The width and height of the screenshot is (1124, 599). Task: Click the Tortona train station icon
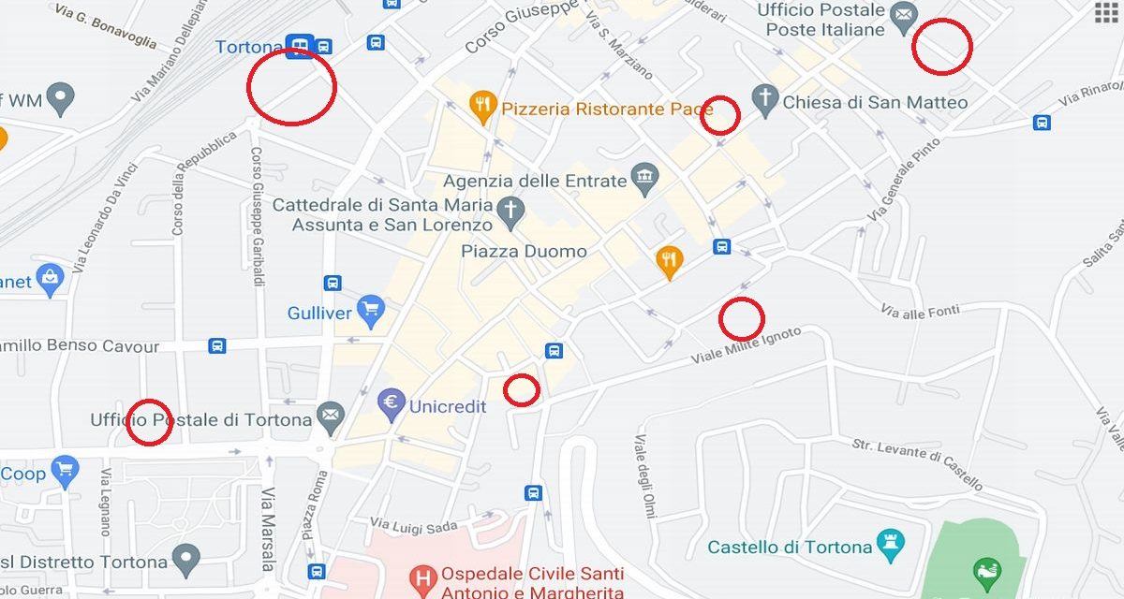tap(300, 46)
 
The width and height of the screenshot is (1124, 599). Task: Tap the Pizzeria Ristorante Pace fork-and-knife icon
tap(483, 109)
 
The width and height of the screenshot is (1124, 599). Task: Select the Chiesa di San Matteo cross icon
tap(766, 101)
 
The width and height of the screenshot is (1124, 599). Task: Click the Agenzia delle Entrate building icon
tap(644, 177)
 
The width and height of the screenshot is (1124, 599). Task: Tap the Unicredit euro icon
tap(391, 405)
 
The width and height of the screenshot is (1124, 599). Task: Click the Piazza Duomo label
tap(524, 251)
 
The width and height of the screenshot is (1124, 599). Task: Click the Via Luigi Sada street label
tap(413, 526)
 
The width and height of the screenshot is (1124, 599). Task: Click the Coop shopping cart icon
tap(65, 472)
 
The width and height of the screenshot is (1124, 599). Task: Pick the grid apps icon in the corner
tap(1106, 12)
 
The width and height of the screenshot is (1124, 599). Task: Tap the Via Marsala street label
tap(268, 528)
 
